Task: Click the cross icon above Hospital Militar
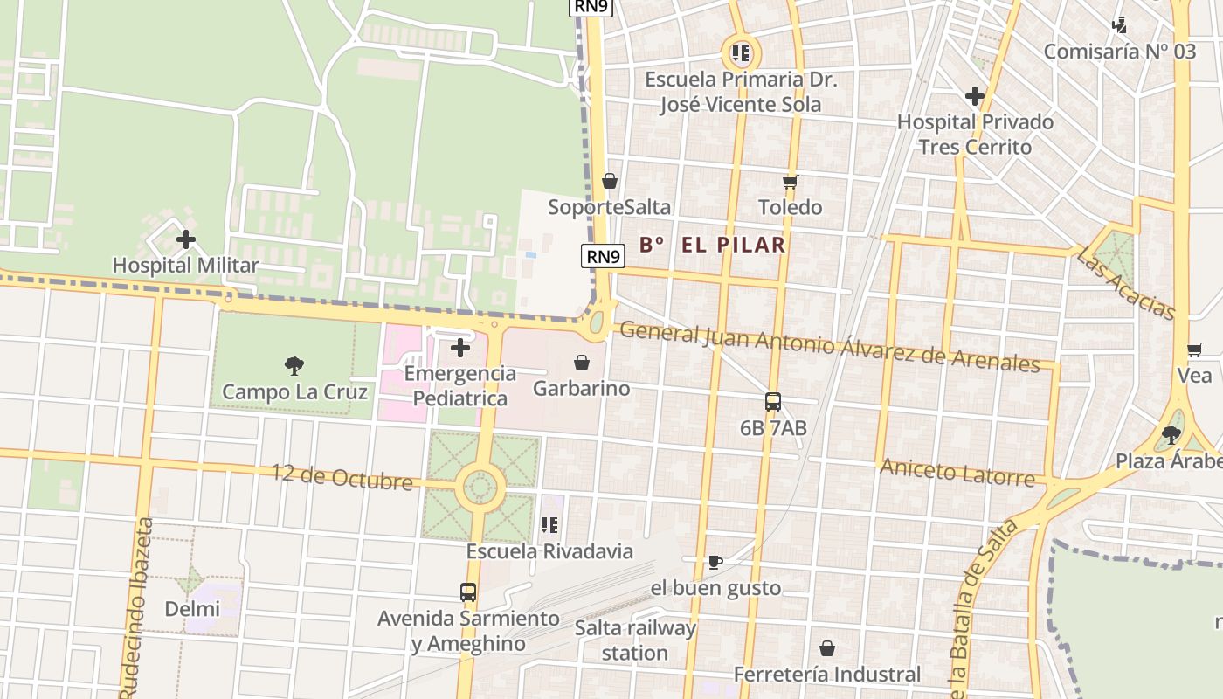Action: pyautogui.click(x=185, y=239)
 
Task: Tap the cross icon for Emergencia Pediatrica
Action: pyautogui.click(x=459, y=348)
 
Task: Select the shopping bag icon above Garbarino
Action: pyautogui.click(x=582, y=363)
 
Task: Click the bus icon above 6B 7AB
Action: pyautogui.click(x=773, y=402)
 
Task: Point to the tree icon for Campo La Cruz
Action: pyautogui.click(x=294, y=365)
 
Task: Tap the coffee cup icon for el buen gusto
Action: pyautogui.click(x=715, y=562)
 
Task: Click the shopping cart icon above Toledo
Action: pyautogui.click(x=791, y=182)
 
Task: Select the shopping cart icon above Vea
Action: pyautogui.click(x=1194, y=350)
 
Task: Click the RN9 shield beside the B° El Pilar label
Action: pyautogui.click(x=604, y=256)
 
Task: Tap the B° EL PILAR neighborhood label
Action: pyautogui.click(x=713, y=246)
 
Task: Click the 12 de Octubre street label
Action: pyautogui.click(x=342, y=476)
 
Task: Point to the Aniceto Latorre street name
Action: pyautogui.click(x=957, y=472)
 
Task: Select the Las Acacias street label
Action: pyautogui.click(x=1125, y=282)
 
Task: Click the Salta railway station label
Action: pyautogui.click(x=635, y=640)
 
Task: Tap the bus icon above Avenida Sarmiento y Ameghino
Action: pyautogui.click(x=468, y=592)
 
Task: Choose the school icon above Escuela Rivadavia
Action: pyautogui.click(x=549, y=525)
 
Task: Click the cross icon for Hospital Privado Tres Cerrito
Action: pyautogui.click(x=975, y=96)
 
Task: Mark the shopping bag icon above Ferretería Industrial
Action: pyautogui.click(x=826, y=648)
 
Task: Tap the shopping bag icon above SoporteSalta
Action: pyautogui.click(x=610, y=181)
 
